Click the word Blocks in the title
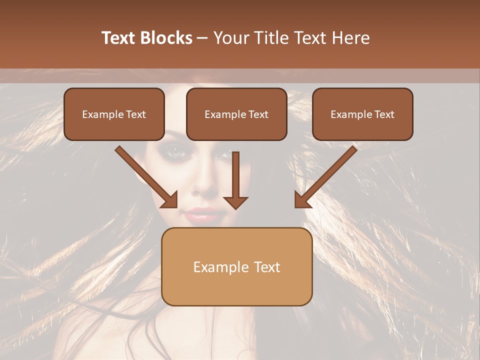166,38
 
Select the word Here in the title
351,38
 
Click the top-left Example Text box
114,114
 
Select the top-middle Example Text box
236,114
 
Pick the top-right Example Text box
362,114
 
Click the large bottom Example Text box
236,267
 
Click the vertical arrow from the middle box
235,180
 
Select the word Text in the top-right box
384,114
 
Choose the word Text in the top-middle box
258,114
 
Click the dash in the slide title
203,38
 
